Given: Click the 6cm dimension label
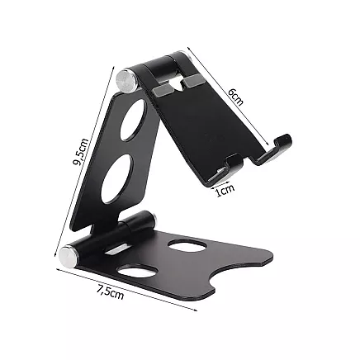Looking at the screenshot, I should [237, 97].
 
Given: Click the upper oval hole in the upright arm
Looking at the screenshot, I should [133, 121].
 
